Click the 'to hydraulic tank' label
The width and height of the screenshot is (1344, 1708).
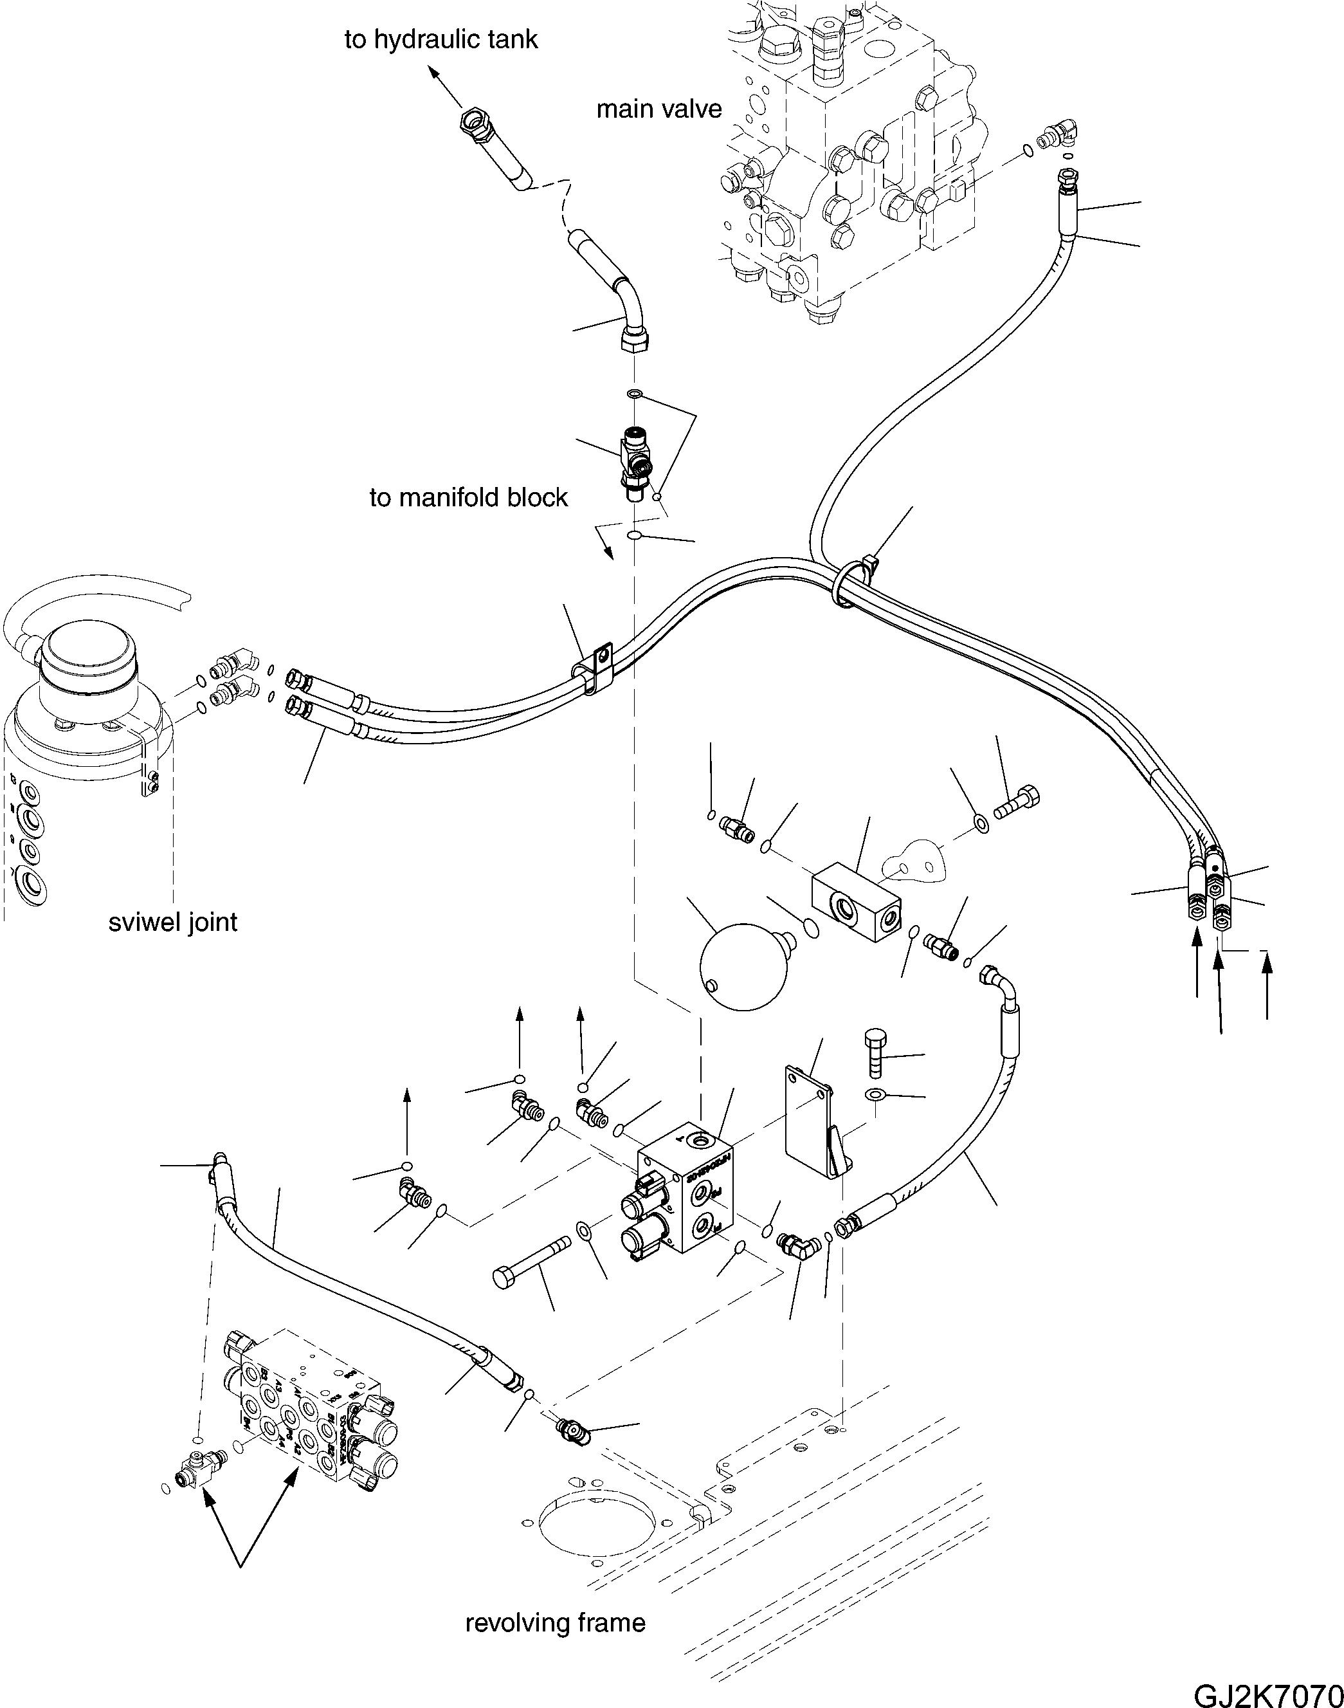click(440, 39)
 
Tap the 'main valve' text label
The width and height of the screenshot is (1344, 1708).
click(658, 109)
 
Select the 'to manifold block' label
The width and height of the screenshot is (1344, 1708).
click(468, 497)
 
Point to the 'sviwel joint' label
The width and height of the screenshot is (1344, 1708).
click(172, 922)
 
